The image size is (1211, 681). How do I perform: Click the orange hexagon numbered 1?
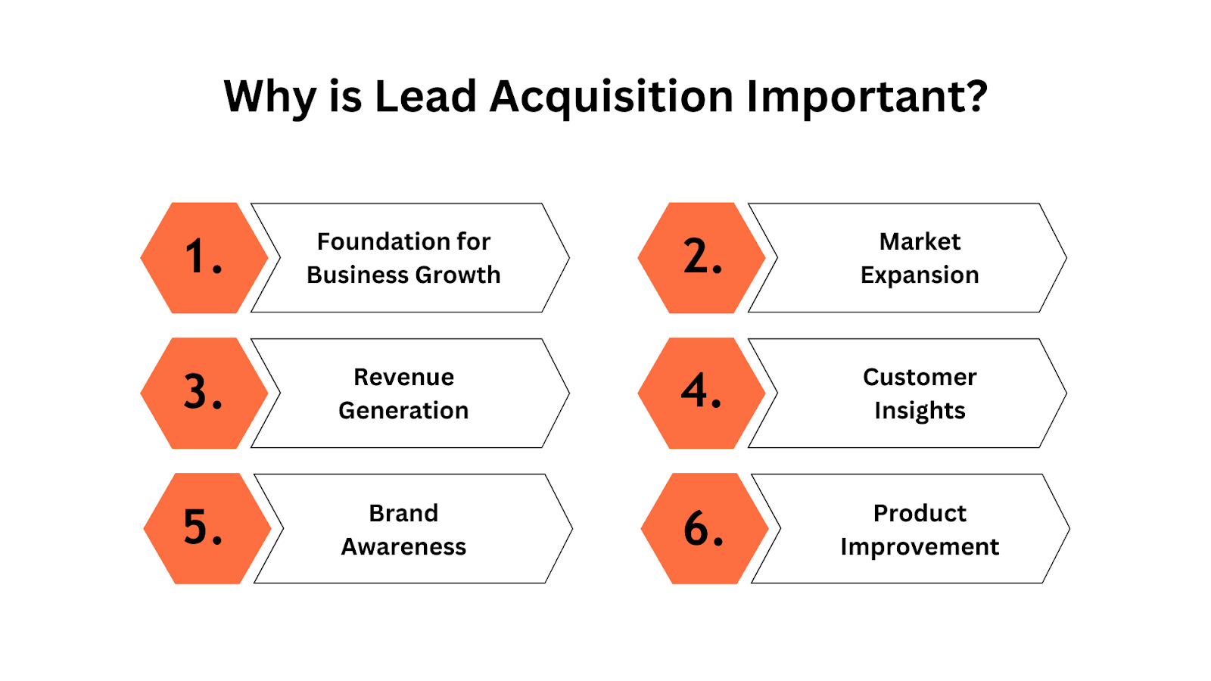(204, 258)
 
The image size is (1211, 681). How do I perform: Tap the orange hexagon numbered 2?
(702, 258)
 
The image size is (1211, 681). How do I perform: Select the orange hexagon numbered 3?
(204, 393)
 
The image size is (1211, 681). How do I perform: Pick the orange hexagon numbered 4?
(702, 393)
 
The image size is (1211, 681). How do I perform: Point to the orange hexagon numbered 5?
(207, 529)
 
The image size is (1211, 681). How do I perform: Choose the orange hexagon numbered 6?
(705, 529)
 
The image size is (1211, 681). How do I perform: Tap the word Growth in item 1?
(459, 275)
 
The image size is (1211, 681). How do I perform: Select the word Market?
(920, 241)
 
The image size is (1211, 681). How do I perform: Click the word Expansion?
(920, 276)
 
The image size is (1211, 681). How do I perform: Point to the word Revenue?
(404, 378)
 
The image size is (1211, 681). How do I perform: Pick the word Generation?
(403, 411)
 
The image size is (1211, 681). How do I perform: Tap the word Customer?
(920, 378)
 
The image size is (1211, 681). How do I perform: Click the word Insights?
(920, 412)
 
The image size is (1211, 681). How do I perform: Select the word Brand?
(403, 514)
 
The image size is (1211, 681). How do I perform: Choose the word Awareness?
(403, 547)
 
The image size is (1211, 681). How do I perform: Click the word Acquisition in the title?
(611, 98)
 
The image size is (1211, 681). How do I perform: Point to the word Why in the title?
(269, 98)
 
